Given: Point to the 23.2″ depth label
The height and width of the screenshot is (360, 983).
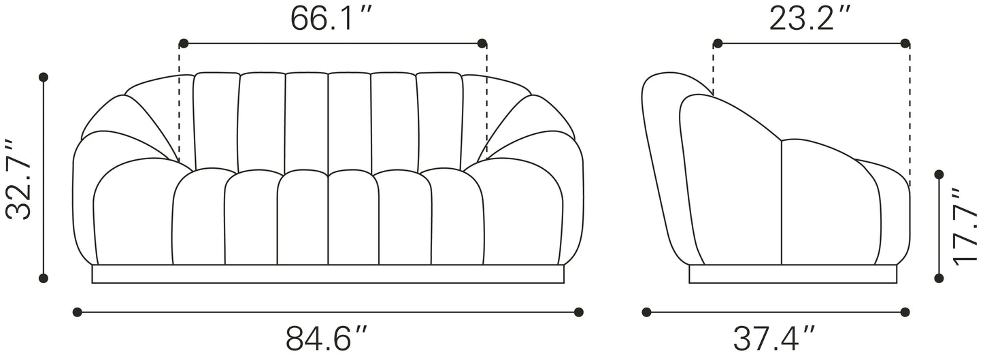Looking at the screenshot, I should click(x=810, y=18).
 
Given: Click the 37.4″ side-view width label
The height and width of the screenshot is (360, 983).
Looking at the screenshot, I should click(x=774, y=338).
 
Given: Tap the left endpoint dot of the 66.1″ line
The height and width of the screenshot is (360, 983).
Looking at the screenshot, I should click(x=183, y=44).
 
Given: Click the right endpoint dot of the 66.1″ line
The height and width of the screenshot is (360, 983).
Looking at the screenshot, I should click(x=482, y=44).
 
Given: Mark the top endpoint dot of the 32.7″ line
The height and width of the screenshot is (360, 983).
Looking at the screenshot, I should click(x=44, y=77).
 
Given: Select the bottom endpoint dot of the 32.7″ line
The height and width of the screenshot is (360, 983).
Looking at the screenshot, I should click(x=44, y=278).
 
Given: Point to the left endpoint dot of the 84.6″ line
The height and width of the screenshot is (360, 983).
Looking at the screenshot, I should click(x=77, y=312).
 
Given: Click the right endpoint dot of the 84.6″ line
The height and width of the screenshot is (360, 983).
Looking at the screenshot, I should click(x=578, y=312).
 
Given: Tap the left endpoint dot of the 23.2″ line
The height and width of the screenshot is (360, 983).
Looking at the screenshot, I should click(x=717, y=44).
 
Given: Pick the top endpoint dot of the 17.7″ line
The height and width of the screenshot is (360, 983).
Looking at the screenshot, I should click(x=939, y=174).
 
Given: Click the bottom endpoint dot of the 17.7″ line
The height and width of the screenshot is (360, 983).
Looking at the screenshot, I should click(x=939, y=278).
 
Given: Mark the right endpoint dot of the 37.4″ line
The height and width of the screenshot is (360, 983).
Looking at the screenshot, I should click(x=905, y=312).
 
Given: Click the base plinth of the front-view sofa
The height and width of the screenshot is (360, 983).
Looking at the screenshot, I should click(x=328, y=274).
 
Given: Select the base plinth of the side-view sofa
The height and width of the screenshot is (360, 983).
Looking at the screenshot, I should click(x=793, y=274).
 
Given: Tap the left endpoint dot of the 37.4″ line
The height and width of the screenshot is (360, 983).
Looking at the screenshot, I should click(x=646, y=312).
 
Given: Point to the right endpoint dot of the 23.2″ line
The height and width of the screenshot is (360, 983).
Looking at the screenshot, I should click(x=905, y=44).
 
